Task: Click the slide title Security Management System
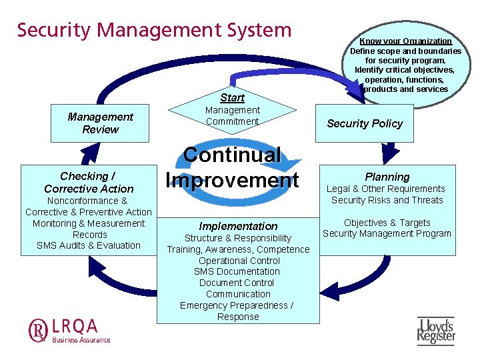[x=154, y=31]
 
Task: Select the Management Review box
[x=100, y=123]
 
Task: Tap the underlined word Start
[x=232, y=97]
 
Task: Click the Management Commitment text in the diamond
[x=232, y=115]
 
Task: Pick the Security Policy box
[x=365, y=123]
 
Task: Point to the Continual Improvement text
[x=232, y=167]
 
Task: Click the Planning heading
[x=387, y=177]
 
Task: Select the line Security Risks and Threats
[x=387, y=200]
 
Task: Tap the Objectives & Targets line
[x=387, y=223]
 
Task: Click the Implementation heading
[x=238, y=226]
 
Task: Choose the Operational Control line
[x=239, y=261]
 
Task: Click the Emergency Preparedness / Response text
[x=237, y=311]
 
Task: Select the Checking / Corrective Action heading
[x=89, y=183]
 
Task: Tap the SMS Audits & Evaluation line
[x=89, y=245]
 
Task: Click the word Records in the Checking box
[x=89, y=235]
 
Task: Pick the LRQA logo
[x=69, y=330]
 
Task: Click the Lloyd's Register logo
[x=436, y=330]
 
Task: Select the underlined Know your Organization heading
[x=405, y=41]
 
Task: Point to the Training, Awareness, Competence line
[x=238, y=249]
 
